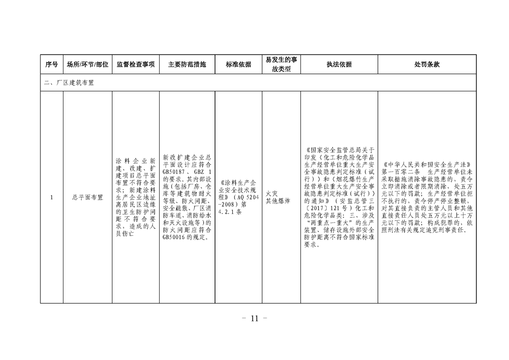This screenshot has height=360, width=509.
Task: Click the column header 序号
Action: tap(52, 64)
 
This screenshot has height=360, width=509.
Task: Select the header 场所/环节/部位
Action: tap(88, 64)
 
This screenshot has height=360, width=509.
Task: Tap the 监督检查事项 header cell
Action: tap(136, 64)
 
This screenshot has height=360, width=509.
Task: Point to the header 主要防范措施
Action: tap(187, 64)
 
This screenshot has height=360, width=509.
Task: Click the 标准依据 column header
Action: tap(238, 64)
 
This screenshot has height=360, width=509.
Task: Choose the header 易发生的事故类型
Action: tap(281, 64)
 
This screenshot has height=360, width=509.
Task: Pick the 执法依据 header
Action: tap(339, 64)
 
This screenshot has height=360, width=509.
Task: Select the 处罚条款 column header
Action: tap(427, 64)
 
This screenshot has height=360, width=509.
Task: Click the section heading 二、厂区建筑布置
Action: tap(69, 83)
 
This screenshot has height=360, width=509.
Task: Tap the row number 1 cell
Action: tap(52, 197)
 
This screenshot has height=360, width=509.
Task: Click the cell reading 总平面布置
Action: tap(88, 197)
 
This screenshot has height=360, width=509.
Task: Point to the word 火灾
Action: tap(272, 194)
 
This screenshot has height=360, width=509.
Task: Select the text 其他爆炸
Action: tap(278, 201)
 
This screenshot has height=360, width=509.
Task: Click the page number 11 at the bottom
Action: tap(254, 318)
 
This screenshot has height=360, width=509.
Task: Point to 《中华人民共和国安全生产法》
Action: tap(427, 165)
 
